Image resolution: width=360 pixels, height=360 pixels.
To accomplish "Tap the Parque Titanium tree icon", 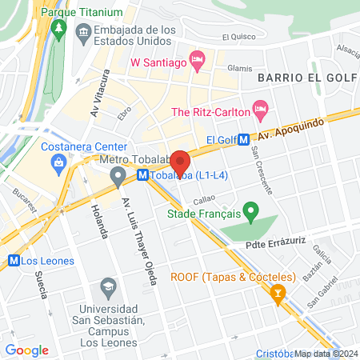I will click(58, 30).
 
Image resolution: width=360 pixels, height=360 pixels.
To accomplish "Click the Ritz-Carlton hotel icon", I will click(259, 108).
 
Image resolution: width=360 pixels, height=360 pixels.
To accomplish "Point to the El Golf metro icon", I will click(242, 139).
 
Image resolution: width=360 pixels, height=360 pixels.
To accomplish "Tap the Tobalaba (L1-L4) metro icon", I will click(142, 175).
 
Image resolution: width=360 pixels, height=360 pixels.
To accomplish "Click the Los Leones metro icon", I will click(13, 260).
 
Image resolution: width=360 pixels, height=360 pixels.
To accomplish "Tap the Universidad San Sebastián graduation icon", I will click(107, 286).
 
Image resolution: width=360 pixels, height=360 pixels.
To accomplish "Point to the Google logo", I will click(26, 350).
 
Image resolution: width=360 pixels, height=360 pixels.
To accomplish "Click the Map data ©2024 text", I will click(326, 354).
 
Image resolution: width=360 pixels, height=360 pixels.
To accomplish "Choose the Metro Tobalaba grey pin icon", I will click(118, 174).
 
